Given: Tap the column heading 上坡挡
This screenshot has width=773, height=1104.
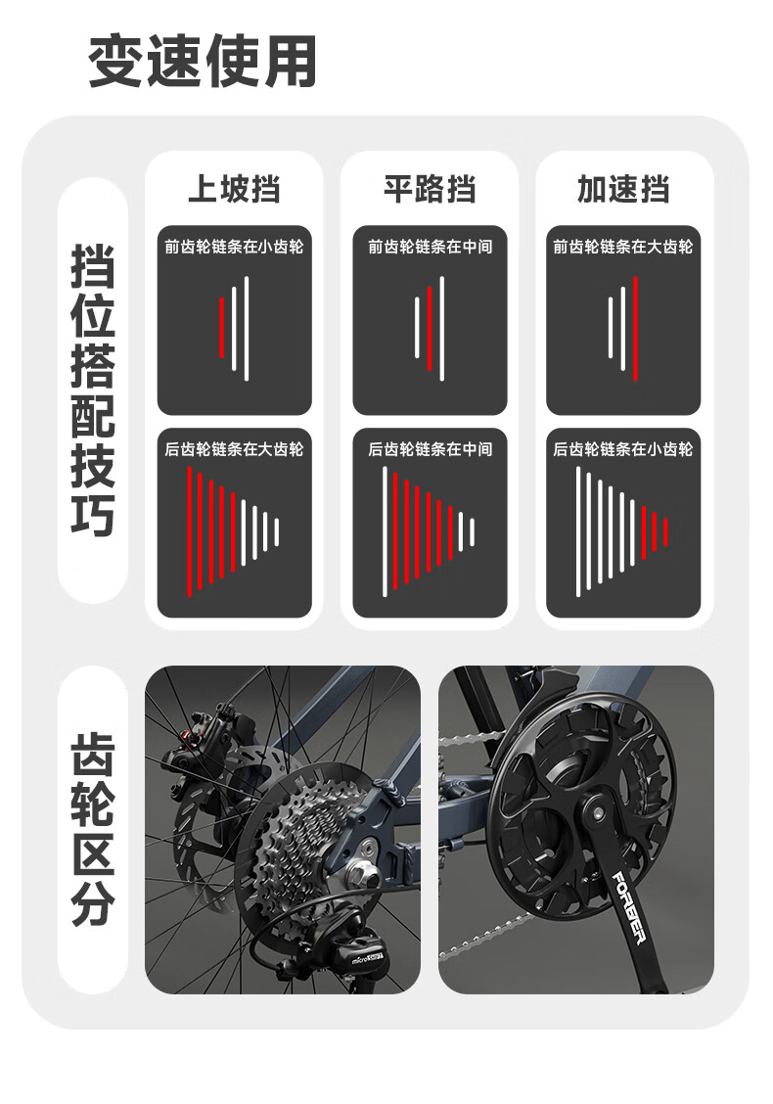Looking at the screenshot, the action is pyautogui.click(x=234, y=189).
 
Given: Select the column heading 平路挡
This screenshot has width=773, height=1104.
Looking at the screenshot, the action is pyautogui.click(x=429, y=189).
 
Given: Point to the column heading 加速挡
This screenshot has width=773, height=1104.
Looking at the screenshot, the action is pyautogui.click(x=623, y=189).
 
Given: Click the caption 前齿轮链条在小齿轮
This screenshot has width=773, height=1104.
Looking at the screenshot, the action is pyautogui.click(x=234, y=247).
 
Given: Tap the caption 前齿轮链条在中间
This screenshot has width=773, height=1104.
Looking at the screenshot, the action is pyautogui.click(x=430, y=247).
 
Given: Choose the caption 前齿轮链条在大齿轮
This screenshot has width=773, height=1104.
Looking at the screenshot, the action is pyautogui.click(x=623, y=247).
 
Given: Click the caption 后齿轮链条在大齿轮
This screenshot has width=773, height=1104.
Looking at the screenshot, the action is pyautogui.click(x=234, y=449).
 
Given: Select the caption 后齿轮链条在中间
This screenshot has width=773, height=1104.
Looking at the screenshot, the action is pyautogui.click(x=430, y=449).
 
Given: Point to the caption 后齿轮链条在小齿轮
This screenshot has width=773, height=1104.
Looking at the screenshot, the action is pyautogui.click(x=623, y=449).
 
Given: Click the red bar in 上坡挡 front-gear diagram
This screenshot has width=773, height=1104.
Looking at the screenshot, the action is pyautogui.click(x=222, y=328).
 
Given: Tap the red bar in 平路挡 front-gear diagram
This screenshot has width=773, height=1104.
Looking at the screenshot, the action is pyautogui.click(x=430, y=328).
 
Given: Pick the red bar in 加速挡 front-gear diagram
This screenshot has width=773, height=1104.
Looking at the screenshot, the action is pyautogui.click(x=635, y=328).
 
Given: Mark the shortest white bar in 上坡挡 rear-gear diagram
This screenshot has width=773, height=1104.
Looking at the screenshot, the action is pyautogui.click(x=277, y=531).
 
